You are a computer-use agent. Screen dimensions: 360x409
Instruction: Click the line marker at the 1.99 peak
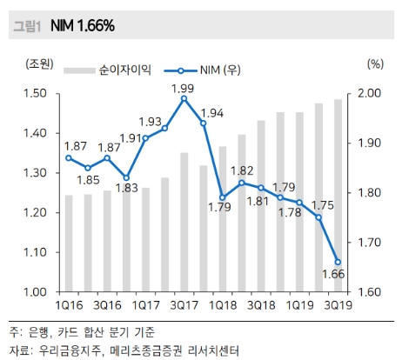click(x=184, y=99)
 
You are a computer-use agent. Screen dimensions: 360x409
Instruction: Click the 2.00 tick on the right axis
click(x=372, y=93)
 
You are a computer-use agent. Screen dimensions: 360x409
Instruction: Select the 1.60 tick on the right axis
click(x=372, y=291)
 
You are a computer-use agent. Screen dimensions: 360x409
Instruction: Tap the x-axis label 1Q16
click(x=70, y=306)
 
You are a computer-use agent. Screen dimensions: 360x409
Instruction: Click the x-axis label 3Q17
click(x=184, y=306)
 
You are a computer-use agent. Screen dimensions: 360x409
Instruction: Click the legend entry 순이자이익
click(x=125, y=67)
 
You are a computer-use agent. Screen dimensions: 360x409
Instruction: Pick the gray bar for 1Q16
click(x=70, y=243)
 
